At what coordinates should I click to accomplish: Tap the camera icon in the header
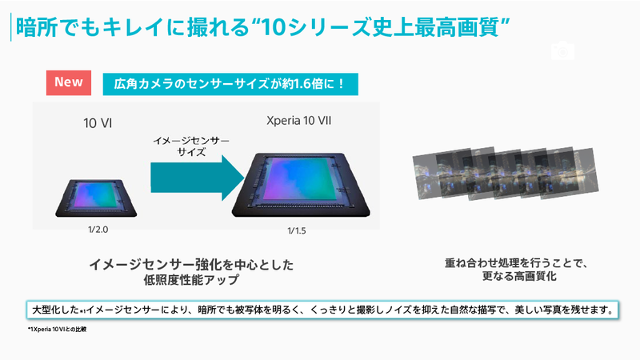click(562, 50)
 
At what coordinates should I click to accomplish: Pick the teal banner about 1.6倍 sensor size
click(229, 84)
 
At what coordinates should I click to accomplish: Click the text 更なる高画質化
click(504, 278)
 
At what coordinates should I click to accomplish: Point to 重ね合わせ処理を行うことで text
click(505, 262)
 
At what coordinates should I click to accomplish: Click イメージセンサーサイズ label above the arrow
click(191, 145)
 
